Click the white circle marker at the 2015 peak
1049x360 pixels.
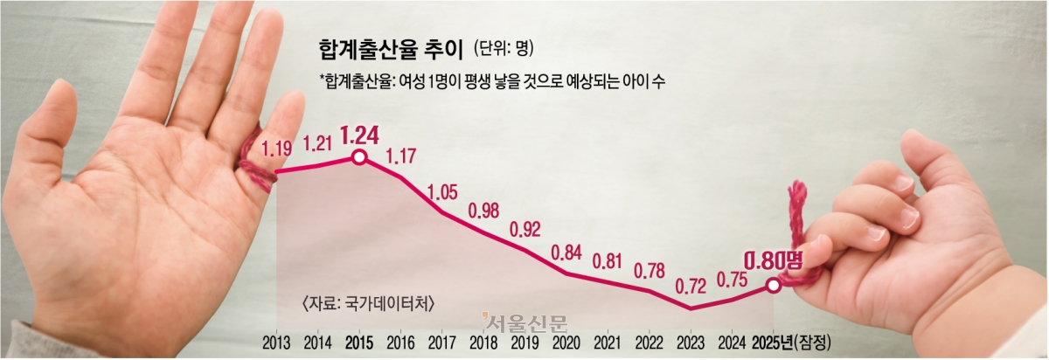tap(358, 157)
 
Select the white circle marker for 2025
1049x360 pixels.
tap(773, 285)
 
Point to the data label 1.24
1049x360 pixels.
tap(358, 135)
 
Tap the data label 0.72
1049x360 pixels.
tap(690, 285)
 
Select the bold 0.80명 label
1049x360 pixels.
tap(773, 260)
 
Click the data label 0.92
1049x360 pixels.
tap(525, 231)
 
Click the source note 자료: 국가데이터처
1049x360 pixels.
tap(367, 303)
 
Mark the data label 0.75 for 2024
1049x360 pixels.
tap(732, 279)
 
